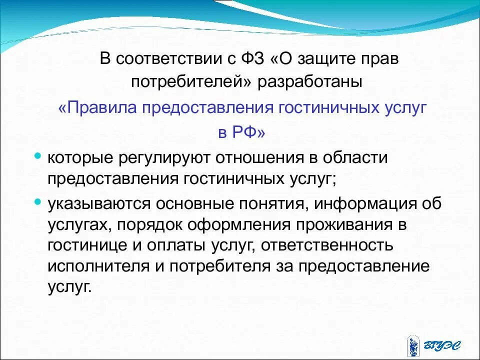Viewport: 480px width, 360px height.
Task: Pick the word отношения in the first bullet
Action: (x=260, y=158)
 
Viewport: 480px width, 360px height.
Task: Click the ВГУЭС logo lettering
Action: (x=445, y=345)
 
